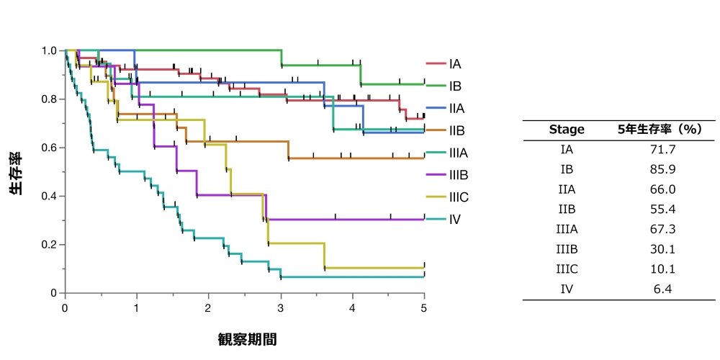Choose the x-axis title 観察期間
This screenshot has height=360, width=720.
(247, 339)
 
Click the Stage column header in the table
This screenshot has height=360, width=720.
(567, 130)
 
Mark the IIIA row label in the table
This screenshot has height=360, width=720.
(567, 229)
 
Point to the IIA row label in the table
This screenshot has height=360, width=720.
(567, 189)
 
